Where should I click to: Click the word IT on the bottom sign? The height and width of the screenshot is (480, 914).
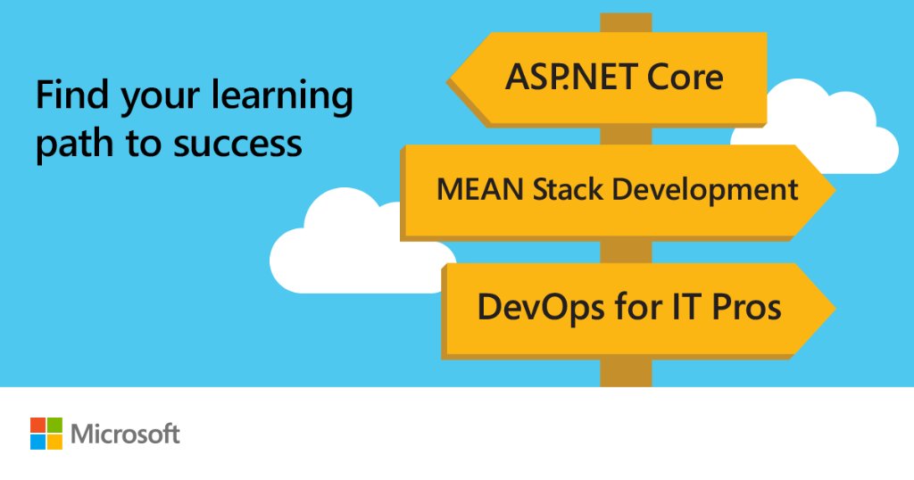[x=670, y=307]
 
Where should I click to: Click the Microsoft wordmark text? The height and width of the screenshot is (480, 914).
[x=126, y=434]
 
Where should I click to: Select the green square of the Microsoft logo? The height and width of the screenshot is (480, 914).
[x=54, y=425]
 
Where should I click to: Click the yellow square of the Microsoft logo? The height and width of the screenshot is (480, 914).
[x=54, y=442]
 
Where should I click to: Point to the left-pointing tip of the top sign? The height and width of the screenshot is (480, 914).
[x=453, y=79]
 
